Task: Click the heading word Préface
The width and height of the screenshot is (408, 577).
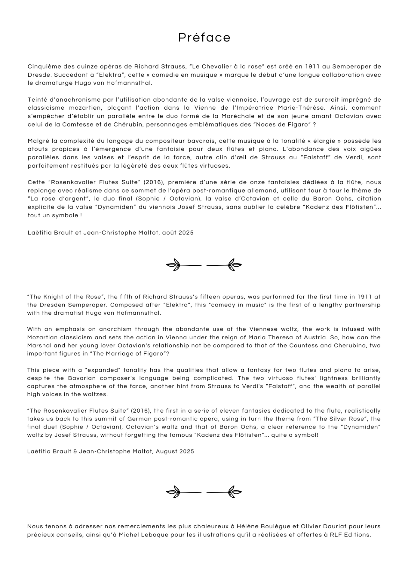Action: tap(204, 38)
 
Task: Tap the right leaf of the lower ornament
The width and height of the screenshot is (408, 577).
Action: tap(235, 492)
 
